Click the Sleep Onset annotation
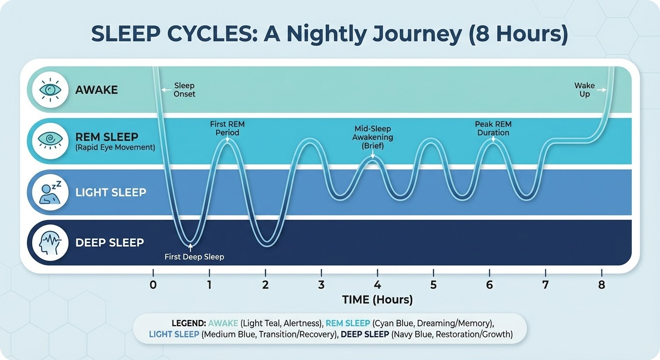pyautogui.click(x=184, y=90)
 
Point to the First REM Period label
pyautogui.click(x=227, y=128)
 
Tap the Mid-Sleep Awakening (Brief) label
pyautogui.click(x=373, y=137)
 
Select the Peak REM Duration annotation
pyautogui.click(x=493, y=128)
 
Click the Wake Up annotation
pyautogui.click(x=585, y=90)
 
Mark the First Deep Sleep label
pyautogui.click(x=194, y=257)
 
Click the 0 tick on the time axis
pyautogui.click(x=153, y=284)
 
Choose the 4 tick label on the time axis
pyautogui.click(x=377, y=284)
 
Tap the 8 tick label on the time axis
pyautogui.click(x=601, y=284)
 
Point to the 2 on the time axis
pyautogui.click(x=265, y=284)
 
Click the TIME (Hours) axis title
pyautogui.click(x=377, y=300)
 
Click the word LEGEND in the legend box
pyautogui.click(x=188, y=324)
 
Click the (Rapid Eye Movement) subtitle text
pyautogui.click(x=115, y=148)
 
